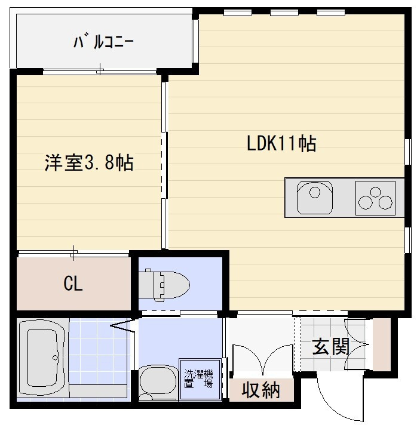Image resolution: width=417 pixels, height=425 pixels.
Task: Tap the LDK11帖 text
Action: point(281,143)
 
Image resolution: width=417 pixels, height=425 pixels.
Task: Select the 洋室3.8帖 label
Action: point(88,163)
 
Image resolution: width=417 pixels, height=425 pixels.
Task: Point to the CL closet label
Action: point(73,284)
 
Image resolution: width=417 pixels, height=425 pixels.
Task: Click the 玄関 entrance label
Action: point(330,346)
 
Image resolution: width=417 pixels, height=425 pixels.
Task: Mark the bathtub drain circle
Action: point(56,358)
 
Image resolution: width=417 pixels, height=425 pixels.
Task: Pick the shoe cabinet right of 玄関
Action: point(381,344)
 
